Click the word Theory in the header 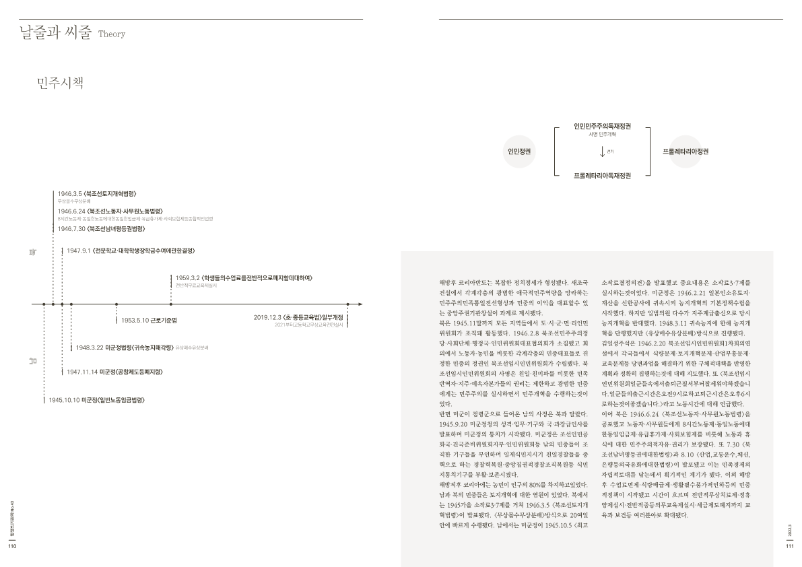pos(112,34)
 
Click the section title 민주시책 pos(61,84)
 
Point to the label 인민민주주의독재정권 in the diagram pos(602,126)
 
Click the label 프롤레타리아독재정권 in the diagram pos(602,176)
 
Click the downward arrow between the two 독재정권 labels pos(601,152)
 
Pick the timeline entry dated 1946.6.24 pos(110,211)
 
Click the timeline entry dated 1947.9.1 pos(130,251)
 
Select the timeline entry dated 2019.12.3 pos(298,316)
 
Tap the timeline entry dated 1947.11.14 pos(115,371)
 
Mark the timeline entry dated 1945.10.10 pos(97,400)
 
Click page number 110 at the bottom pos(11,546)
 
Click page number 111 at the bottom pos(790,546)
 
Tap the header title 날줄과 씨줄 pos(55,33)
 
